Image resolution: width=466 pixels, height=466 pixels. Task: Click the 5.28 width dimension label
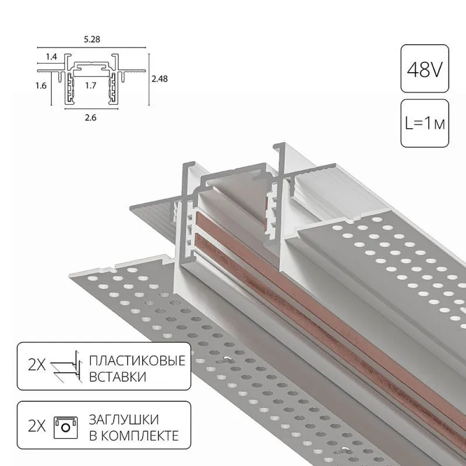tap(92, 39)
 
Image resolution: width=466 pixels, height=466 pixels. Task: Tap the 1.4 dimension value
tap(51, 57)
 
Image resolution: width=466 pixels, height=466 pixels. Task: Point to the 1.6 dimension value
tap(41, 86)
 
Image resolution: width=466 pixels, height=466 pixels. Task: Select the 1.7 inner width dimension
tap(91, 86)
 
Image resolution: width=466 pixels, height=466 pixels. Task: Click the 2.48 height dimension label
tap(160, 79)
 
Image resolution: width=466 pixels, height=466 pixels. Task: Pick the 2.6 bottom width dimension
tap(90, 118)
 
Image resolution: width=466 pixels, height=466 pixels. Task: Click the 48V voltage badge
tap(425, 69)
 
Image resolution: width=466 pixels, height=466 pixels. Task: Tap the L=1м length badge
tap(425, 123)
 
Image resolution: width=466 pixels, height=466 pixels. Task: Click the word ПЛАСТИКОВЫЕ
tap(137, 361)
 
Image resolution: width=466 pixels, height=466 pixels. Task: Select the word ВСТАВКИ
tap(118, 377)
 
